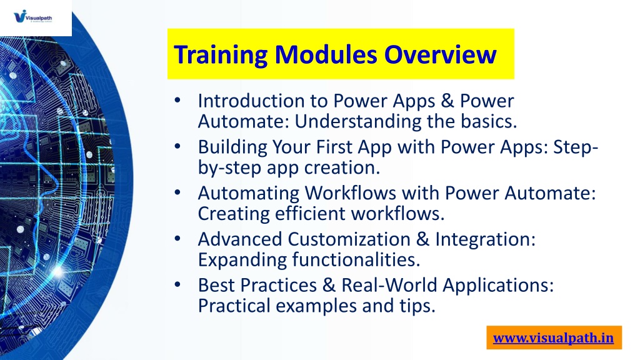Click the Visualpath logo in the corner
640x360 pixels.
pos(32,17)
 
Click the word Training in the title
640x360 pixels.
pos(221,55)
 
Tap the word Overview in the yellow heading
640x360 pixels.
pos(440,54)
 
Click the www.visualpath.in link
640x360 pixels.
pos(554,338)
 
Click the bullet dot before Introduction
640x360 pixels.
pos(177,100)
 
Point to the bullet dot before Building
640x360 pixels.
pos(177,146)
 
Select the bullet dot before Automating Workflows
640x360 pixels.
pos(177,192)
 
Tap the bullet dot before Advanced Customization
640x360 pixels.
pos(177,238)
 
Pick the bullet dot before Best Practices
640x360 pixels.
pos(177,284)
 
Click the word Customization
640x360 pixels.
pos(349,239)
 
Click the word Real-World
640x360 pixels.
pos(389,285)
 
